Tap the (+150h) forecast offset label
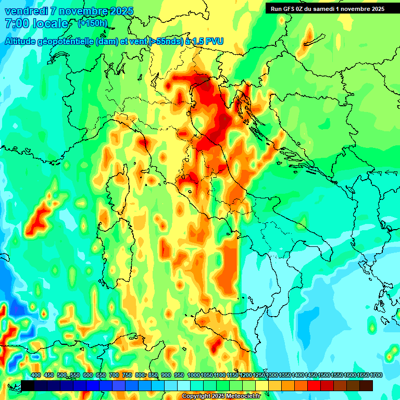(92, 23)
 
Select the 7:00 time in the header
(17, 23)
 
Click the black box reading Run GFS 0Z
(327, 8)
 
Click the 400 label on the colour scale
(36, 375)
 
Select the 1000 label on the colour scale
(194, 375)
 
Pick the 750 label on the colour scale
(127, 375)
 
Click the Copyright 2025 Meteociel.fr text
(221, 396)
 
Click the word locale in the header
(52, 23)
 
